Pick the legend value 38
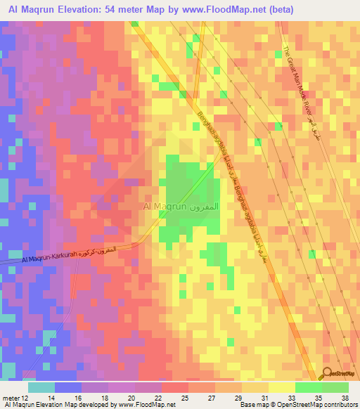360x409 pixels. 344,397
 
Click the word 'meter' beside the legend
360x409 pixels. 11,397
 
